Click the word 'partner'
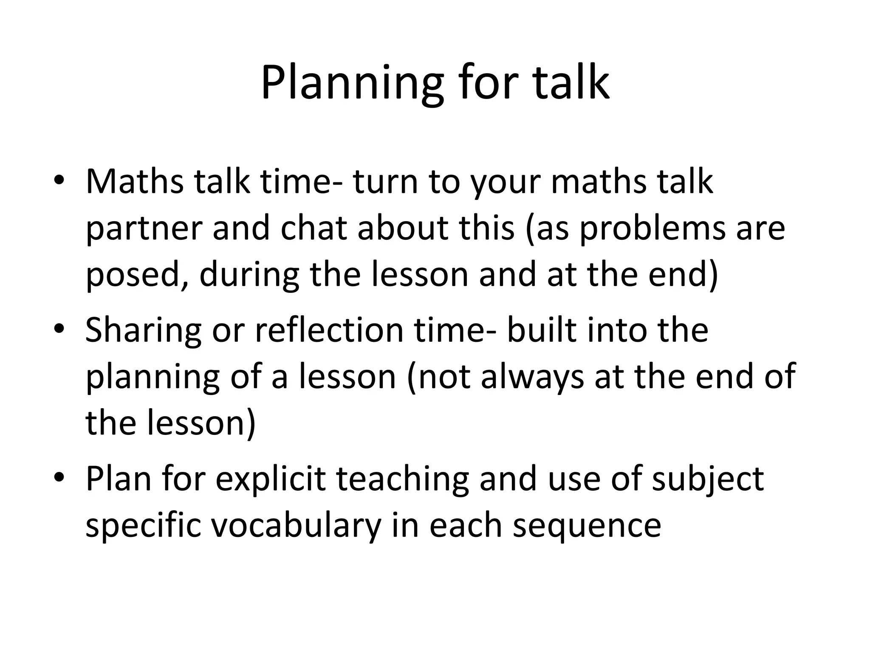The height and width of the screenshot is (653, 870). click(144, 229)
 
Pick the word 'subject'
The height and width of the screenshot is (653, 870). click(708, 480)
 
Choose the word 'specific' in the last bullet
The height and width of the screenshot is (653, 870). click(143, 526)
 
